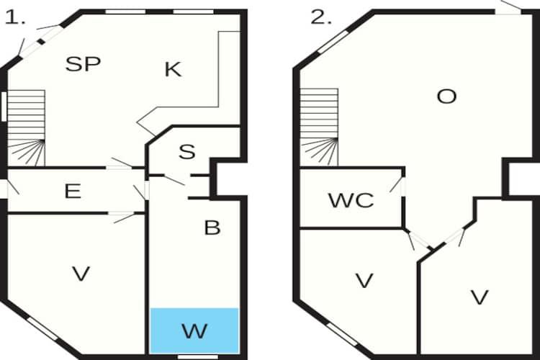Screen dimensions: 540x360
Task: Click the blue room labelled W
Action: point(194,330)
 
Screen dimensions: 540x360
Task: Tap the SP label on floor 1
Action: point(83,64)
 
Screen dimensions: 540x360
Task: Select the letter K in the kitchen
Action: point(173,70)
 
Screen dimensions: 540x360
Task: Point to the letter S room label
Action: point(187,152)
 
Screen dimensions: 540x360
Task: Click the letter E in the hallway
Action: point(73,192)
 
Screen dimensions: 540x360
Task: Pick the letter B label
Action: point(212,228)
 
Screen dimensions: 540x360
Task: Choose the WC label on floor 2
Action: point(351,200)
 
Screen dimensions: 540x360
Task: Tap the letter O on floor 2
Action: point(446,96)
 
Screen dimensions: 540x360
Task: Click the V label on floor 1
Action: point(81,274)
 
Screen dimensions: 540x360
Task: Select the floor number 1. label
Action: point(15,17)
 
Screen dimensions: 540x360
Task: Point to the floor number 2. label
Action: point(321,17)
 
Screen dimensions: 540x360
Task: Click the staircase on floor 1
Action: point(26,128)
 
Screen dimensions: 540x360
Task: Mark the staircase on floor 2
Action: point(319,127)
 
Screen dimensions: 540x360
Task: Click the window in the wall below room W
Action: point(198,357)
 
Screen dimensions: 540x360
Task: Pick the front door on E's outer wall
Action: point(4,189)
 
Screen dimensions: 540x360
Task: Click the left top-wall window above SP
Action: point(125,12)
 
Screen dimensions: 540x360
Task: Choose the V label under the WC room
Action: point(364,280)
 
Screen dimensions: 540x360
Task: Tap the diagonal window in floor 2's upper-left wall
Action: point(333,42)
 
